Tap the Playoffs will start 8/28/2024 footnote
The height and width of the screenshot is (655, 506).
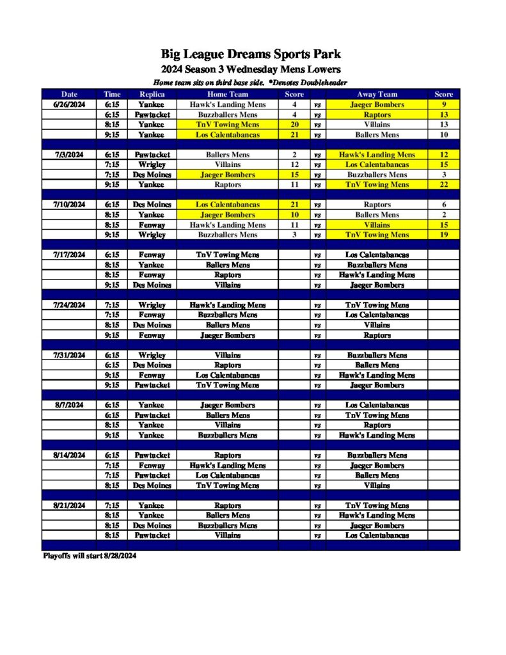(x=89, y=556)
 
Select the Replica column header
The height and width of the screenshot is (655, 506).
(x=152, y=94)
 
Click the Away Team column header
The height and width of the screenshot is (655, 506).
(x=377, y=94)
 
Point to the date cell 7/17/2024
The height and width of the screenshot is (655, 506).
(x=69, y=255)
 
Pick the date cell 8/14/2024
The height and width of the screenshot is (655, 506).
(x=69, y=455)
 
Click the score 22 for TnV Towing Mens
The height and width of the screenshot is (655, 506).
(x=443, y=184)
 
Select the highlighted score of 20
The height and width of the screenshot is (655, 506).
(x=294, y=125)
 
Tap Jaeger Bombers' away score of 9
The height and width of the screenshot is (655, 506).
(x=443, y=104)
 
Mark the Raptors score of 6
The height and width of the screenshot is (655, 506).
(x=443, y=205)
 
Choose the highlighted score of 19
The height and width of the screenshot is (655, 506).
(x=443, y=235)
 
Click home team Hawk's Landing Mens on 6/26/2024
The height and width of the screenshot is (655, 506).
(x=227, y=104)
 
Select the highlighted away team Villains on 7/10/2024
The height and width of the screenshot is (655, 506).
(x=377, y=225)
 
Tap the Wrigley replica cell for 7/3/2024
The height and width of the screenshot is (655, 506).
(x=152, y=164)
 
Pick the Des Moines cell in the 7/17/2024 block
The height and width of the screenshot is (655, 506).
(x=152, y=285)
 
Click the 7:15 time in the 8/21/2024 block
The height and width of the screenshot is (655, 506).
(x=112, y=505)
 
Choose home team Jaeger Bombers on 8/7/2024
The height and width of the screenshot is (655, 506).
(x=227, y=405)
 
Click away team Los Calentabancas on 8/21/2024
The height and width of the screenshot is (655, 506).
(x=377, y=535)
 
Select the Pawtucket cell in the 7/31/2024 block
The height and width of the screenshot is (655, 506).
(x=152, y=385)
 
